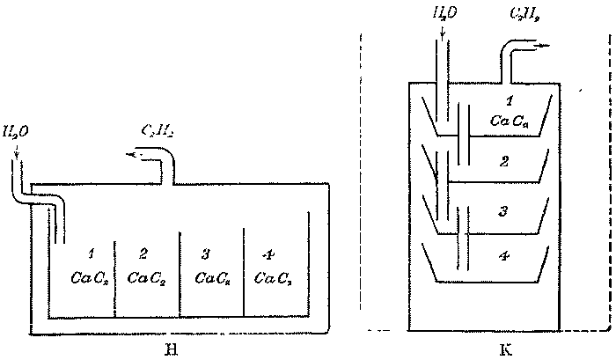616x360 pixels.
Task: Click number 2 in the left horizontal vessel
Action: (x=143, y=255)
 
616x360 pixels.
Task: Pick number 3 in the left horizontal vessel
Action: (x=205, y=255)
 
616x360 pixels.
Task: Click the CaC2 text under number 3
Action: (x=212, y=279)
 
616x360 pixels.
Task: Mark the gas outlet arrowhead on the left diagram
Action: (x=131, y=155)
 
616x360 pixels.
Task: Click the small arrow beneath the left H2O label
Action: (x=17, y=155)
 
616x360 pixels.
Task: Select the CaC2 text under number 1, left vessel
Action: (x=89, y=279)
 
